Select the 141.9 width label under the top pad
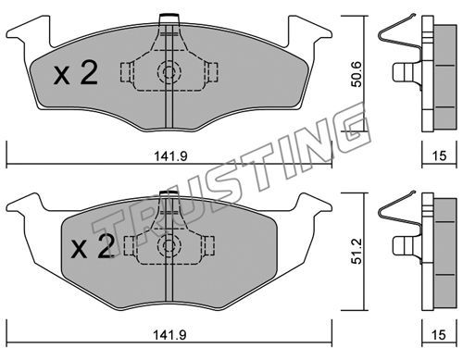click(170, 156)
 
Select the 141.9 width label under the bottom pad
click(170, 335)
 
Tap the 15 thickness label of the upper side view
click(439, 156)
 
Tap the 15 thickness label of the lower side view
click(439, 335)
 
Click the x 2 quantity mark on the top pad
click(76, 73)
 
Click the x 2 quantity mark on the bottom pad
click(93, 245)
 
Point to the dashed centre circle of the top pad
click(169, 73)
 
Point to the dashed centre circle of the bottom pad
click(169, 246)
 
